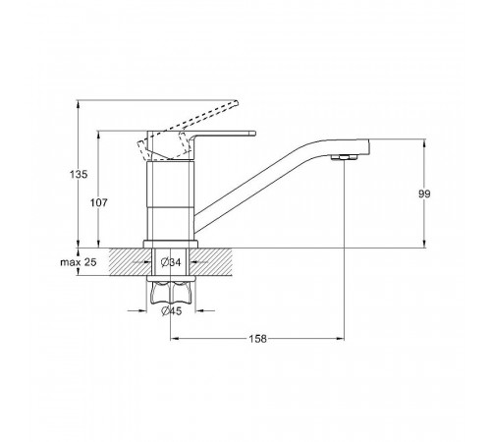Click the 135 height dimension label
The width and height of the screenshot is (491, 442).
pos(79,174)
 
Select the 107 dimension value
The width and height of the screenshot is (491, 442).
pos(99,203)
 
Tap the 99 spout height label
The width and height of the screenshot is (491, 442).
pos(424,193)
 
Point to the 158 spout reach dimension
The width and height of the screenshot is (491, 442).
pos(258,339)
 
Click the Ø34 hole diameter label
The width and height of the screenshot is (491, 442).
pos(171,262)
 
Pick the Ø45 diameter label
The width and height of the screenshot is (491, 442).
pos(171,311)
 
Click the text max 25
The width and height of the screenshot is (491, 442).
pos(79,262)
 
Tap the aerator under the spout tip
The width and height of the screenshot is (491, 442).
pos(344,157)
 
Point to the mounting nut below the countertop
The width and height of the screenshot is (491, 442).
pos(171,291)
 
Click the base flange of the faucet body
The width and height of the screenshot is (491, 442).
pos(171,245)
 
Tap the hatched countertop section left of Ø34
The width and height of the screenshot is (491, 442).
pos(131,262)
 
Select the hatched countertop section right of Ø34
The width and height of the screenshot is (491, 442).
pos(210,262)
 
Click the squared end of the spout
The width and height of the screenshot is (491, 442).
pos(362,147)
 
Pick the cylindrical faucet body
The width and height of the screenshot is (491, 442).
pos(171,200)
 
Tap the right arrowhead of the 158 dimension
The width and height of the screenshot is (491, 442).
pos(341,339)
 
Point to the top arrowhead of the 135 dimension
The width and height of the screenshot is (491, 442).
pos(78,104)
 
